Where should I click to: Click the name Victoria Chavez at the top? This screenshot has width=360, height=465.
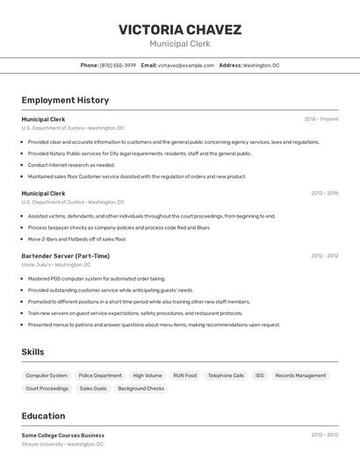pos(179,30)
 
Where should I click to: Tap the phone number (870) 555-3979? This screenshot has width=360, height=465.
pos(118,65)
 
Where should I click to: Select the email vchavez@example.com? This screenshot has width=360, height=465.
pos(185,65)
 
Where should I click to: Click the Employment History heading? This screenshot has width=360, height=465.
pos(65,100)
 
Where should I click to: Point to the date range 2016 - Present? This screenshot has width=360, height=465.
pos(321,119)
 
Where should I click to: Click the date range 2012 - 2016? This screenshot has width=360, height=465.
pos(324,193)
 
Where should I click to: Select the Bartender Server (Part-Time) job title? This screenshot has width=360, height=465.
pos(65,256)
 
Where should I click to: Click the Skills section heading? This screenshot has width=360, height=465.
pos(33,352)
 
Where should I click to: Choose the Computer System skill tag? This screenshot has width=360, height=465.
pos(47,376)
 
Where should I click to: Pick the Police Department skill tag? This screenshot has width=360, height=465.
pos(100,376)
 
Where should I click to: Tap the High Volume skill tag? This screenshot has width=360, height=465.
pos(148,376)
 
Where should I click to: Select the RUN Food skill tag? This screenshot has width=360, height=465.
pos(184,376)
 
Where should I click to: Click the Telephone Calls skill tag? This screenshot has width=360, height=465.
pos(226,376)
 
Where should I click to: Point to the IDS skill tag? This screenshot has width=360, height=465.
pos(260,376)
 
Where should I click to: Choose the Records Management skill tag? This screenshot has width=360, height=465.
pos(300,376)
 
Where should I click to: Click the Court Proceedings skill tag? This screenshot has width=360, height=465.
pos(47,389)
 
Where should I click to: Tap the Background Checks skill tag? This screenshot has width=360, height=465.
pos(140,389)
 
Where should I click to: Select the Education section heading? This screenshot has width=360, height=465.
pos(43,416)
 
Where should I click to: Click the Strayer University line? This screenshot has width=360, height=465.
pos(62,444)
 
